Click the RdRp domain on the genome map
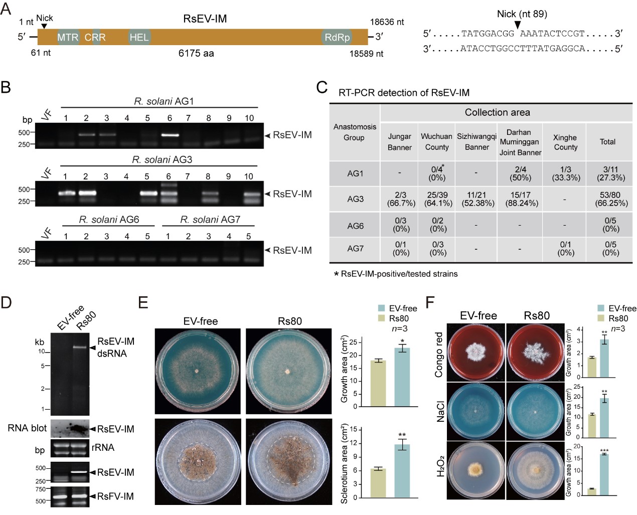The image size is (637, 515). [x=337, y=37]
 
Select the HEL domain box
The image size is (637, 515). [x=139, y=37]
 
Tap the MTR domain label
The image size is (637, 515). [x=68, y=37]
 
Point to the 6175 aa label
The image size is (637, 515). [x=196, y=53]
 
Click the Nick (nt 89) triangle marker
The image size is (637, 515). [x=518, y=25]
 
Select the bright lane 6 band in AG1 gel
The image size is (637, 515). [x=169, y=134]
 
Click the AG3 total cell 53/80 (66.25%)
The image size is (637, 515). [x=610, y=199]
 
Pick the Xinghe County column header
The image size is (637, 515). [x=565, y=142]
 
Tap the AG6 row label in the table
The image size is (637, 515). [x=355, y=226]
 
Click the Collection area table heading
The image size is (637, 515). [x=497, y=112]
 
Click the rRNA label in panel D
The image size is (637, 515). [x=102, y=447]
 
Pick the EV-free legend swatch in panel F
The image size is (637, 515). [x=601, y=308]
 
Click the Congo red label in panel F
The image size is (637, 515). [x=439, y=354]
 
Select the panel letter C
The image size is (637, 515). [x=322, y=87]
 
